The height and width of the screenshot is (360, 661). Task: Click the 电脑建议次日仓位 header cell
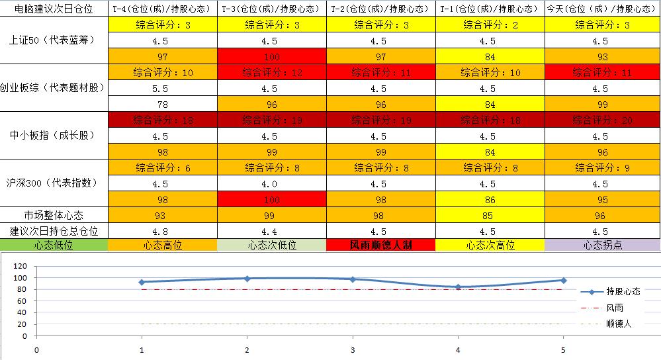tap(53, 9)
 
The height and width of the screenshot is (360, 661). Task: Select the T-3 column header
tap(272, 9)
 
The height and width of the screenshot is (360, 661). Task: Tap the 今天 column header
tap(602, 9)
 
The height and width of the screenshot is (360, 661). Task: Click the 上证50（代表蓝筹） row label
tap(53, 40)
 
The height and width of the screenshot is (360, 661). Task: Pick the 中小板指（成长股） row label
tap(53, 136)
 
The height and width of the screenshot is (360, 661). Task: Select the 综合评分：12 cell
tap(272, 72)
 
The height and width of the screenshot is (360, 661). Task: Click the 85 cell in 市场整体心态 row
tap(490, 215)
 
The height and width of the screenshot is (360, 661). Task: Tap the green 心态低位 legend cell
tap(53, 245)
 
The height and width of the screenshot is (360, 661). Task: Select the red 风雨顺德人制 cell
tap(380, 245)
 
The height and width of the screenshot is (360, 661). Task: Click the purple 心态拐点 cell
tap(602, 245)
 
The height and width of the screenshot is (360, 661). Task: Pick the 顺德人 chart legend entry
tap(619, 324)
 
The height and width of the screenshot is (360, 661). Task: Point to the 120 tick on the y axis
tap(21, 265)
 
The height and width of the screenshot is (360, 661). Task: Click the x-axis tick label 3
tap(353, 349)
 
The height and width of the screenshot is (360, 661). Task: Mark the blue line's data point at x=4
tap(458, 287)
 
